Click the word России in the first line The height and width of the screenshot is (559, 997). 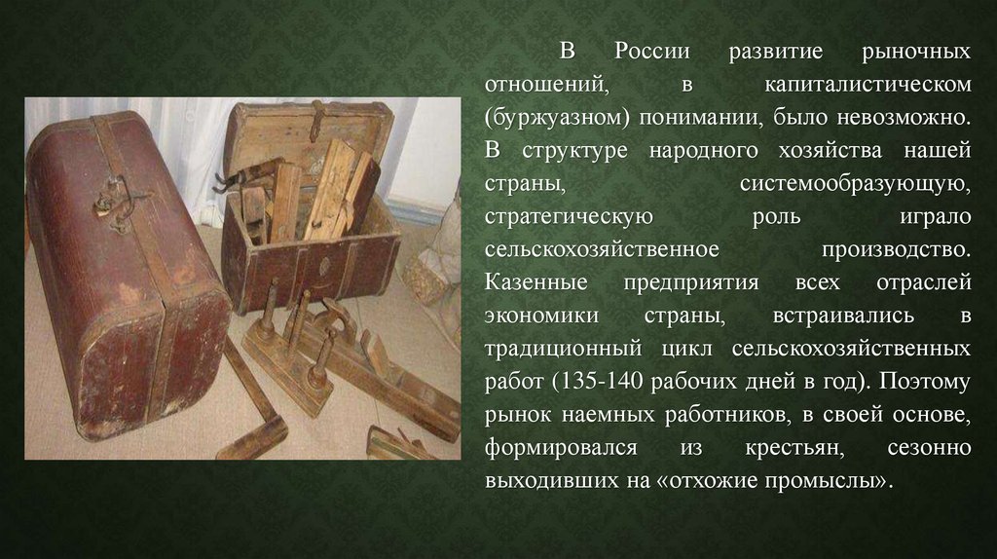(651, 51)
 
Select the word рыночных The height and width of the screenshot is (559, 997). (916, 52)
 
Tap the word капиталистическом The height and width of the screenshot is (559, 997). (868, 84)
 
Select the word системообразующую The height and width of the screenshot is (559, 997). (855, 184)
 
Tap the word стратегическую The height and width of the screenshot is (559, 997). (569, 217)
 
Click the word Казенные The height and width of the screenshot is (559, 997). (536, 281)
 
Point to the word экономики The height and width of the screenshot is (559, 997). (541, 316)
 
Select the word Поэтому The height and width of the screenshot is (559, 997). (926, 382)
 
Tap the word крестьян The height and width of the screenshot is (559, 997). (794, 448)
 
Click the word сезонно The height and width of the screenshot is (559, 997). (929, 448)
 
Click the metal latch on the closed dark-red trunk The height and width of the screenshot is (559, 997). (122, 201)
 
